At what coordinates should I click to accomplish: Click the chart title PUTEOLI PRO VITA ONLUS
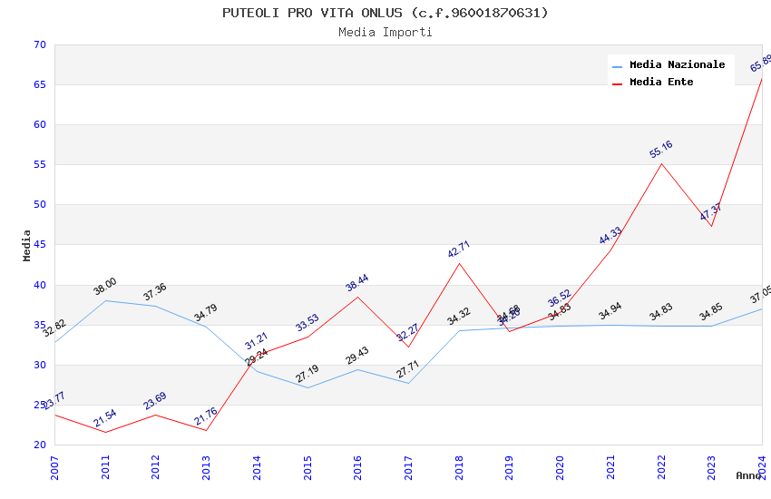[x=385, y=13]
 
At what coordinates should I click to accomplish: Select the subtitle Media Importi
[x=385, y=33]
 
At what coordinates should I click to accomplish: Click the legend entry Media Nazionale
[x=677, y=64]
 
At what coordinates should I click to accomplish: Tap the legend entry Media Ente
[x=661, y=82]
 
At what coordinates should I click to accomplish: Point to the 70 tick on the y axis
[x=38, y=44]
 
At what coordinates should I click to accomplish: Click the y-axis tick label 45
[x=38, y=245]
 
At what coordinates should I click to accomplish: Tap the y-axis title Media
[x=27, y=245]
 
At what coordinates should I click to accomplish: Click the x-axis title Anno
[x=748, y=475]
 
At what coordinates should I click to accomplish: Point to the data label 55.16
[x=661, y=150]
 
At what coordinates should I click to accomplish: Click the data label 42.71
[x=459, y=249]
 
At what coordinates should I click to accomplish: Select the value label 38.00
[x=105, y=287]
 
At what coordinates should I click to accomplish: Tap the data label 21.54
[x=105, y=418]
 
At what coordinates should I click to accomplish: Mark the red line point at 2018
[x=460, y=263]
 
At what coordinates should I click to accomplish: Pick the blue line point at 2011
[x=105, y=300]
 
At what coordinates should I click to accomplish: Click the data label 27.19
[x=307, y=374]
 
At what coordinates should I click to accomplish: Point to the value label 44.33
[x=610, y=236]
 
